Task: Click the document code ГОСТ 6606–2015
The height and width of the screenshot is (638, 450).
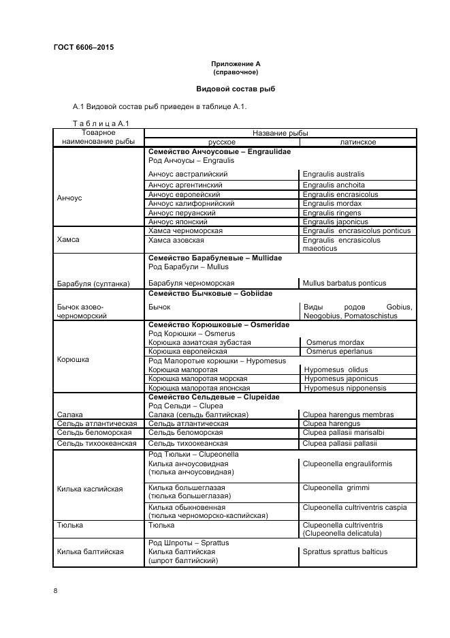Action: click(83, 47)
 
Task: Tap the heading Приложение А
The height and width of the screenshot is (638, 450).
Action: click(236, 63)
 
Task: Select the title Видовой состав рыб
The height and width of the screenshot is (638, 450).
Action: click(236, 89)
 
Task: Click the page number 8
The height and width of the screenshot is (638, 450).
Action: click(55, 590)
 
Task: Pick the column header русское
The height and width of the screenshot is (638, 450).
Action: click(221, 142)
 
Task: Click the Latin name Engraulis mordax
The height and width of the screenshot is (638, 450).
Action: click(332, 204)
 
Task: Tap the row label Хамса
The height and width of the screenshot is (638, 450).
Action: click(68, 240)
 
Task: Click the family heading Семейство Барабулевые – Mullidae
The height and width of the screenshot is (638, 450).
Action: click(214, 258)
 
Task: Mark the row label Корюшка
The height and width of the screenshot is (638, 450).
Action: click(73, 359)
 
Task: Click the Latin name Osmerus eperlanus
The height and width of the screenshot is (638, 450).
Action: click(339, 352)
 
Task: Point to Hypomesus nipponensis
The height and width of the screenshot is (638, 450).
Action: click(344, 389)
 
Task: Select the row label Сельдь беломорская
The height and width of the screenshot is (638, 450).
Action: click(92, 433)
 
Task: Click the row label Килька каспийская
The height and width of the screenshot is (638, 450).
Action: click(90, 489)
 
